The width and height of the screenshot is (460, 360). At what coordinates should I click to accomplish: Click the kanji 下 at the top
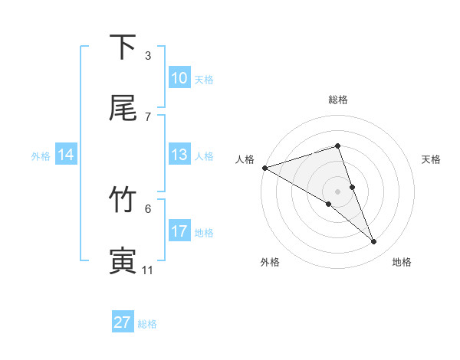coord(123,47)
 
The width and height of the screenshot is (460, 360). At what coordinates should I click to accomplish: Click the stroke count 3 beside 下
coord(148,55)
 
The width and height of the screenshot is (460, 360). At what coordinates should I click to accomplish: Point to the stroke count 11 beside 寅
coord(148,270)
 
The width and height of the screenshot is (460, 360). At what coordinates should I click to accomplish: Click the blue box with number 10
coord(179,78)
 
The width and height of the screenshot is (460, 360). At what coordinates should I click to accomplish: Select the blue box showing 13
coord(179,155)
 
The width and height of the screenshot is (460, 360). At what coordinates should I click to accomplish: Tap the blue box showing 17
coord(179,231)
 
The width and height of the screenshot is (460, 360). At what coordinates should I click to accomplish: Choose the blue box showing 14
coord(66,155)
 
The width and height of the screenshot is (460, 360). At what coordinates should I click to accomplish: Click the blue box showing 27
coord(123,322)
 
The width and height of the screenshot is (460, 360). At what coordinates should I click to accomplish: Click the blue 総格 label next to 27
coord(147,324)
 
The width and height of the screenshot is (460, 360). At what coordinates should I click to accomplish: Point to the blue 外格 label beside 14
coord(41,156)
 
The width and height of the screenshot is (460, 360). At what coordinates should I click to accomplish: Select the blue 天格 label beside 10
coord(203,80)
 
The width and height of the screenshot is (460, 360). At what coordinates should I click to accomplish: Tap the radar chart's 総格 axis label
coord(337,100)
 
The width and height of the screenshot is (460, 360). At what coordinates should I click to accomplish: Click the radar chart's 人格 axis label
coord(245,159)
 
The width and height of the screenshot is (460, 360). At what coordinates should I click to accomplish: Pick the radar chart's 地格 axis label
coord(402,263)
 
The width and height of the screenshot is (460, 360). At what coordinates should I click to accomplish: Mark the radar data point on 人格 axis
coord(264,167)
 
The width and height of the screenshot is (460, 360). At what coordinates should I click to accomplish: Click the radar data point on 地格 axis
coord(374,242)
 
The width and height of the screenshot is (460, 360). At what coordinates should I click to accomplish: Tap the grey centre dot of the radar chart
coord(337,191)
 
